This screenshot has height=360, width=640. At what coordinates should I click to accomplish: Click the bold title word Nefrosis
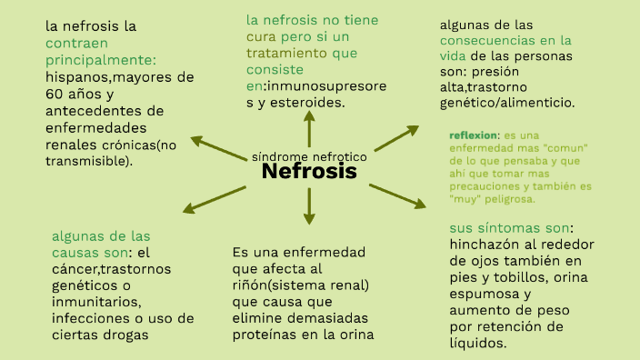(x=309, y=172)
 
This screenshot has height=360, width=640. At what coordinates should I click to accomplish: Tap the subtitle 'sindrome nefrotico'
(x=309, y=156)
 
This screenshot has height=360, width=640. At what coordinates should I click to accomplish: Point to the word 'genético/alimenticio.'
(x=506, y=103)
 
